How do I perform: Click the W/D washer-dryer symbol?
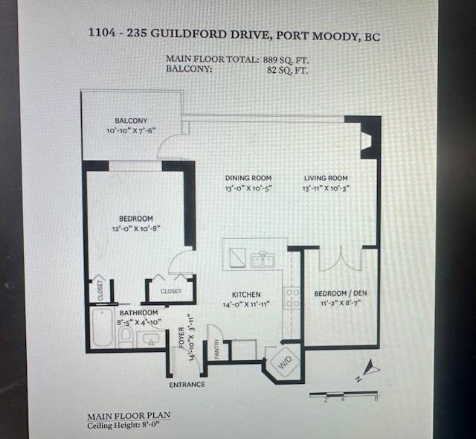click(285, 362)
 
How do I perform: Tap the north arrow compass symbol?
click(369, 369)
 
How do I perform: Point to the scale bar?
click(344, 395)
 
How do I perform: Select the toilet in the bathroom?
click(125, 336)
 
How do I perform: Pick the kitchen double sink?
click(263, 260)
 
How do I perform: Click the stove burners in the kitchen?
click(292, 298)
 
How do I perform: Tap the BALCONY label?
click(131, 121)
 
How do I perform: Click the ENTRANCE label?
click(187, 385)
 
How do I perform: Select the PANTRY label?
click(216, 349)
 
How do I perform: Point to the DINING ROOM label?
click(248, 178)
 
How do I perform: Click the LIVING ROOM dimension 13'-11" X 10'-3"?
click(326, 188)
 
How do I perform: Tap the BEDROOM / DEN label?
click(341, 293)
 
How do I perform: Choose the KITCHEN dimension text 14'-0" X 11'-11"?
click(246, 304)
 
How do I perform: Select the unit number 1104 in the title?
click(102, 32)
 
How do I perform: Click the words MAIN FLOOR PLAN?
click(129, 416)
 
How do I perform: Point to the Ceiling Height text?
click(123, 425)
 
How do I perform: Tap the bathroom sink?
click(151, 339)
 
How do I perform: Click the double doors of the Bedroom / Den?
click(341, 260)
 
